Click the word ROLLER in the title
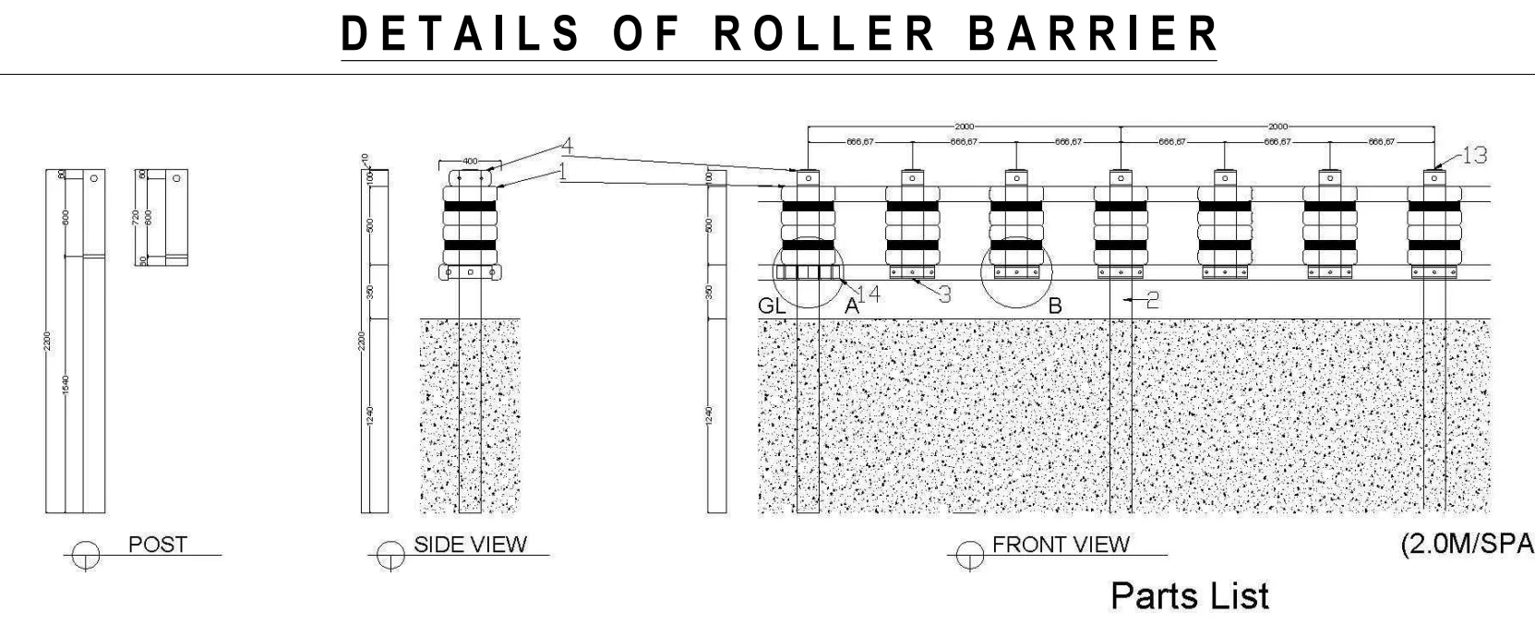[825, 33]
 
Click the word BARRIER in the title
[1093, 33]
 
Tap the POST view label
[157, 545]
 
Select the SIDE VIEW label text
[470, 545]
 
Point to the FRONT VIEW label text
[1061, 545]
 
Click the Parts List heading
[1190, 596]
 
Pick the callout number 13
[1475, 156]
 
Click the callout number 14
[869, 294]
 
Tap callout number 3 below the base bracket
[944, 294]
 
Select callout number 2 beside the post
[1152, 299]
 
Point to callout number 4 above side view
[567, 146]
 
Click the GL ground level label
[772, 306]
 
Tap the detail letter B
[1055, 306]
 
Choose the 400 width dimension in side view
[470, 162]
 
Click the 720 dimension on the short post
[136, 218]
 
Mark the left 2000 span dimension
[964, 126]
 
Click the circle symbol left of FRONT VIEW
[969, 555]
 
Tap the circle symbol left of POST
[86, 555]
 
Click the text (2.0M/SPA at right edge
[1467, 545]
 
